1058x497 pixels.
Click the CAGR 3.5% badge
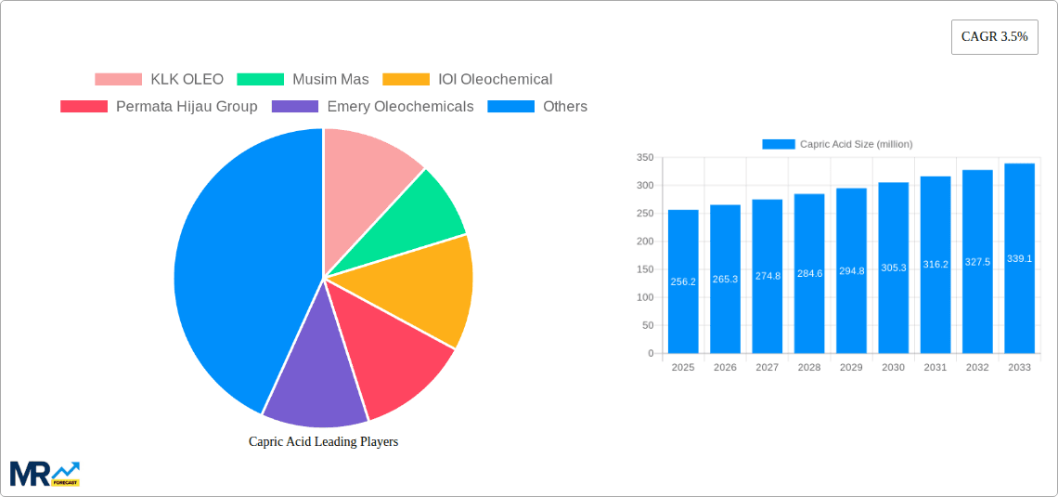pos(994,37)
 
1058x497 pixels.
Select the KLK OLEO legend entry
pos(159,80)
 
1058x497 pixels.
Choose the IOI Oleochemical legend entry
pos(468,80)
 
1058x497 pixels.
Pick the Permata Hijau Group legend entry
pos(159,107)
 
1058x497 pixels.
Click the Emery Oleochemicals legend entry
pos(372,107)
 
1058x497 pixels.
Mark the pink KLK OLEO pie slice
pos(367,167)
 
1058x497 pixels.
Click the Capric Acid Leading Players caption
pos(323,442)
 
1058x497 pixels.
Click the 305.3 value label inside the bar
pos(893,268)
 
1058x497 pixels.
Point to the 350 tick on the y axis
pos(644,158)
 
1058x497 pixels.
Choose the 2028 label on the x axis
pos(808,368)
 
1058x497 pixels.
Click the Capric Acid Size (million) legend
pos(837,144)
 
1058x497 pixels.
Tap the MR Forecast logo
pos(45,473)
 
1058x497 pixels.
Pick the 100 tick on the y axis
pos(644,298)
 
